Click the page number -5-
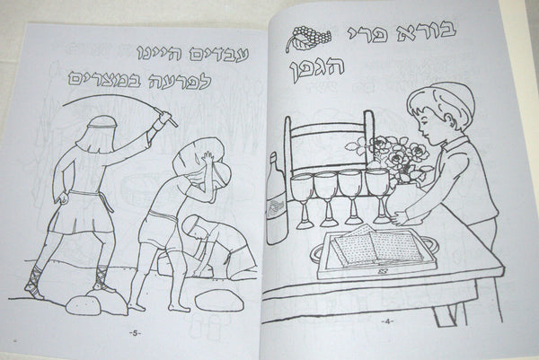(x=135, y=333)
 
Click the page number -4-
(x=387, y=321)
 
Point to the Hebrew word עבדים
(x=219, y=54)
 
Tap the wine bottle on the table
(x=276, y=199)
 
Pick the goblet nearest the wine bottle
(x=303, y=200)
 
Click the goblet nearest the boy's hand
(x=378, y=195)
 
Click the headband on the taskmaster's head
(x=102, y=127)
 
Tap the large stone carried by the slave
(x=199, y=156)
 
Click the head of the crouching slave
(x=193, y=227)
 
